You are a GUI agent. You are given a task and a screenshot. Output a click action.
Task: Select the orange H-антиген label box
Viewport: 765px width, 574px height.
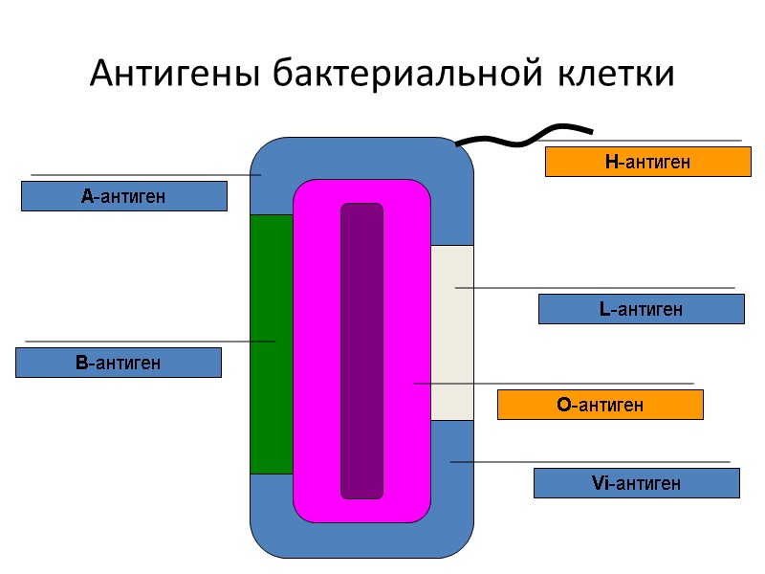pos(647,163)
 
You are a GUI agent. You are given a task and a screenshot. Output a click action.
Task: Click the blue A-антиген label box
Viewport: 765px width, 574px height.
pos(123,196)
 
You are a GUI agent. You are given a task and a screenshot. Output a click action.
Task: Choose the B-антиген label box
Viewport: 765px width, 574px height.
pos(118,363)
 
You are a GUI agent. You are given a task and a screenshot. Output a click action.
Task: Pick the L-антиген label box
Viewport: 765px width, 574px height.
pos(641,309)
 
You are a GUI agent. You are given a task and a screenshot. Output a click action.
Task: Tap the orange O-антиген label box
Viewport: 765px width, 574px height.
pos(600,405)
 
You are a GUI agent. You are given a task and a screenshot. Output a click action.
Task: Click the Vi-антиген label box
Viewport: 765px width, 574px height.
pos(636,483)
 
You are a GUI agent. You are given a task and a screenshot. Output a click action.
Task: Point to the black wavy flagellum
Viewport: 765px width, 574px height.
pos(524,136)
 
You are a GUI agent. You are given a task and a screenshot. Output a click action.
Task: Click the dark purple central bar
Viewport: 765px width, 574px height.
pos(361,350)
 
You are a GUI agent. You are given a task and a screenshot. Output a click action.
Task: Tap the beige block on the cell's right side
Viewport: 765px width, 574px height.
pos(452,333)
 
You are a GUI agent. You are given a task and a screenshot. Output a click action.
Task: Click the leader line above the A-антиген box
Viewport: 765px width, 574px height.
pos(143,175)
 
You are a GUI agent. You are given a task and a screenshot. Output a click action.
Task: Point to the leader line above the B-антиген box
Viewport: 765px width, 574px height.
pos(143,342)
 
